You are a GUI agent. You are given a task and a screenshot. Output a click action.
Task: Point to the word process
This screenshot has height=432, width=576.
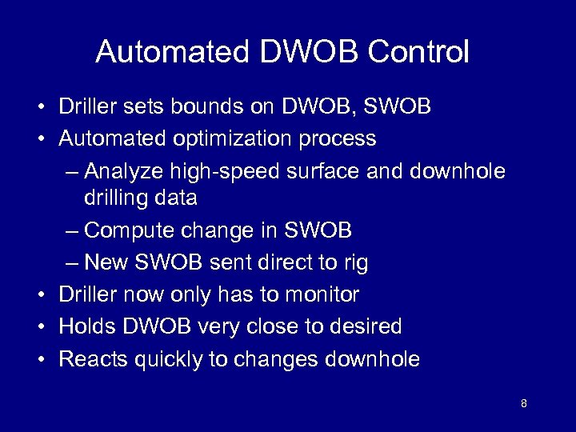click(x=339, y=138)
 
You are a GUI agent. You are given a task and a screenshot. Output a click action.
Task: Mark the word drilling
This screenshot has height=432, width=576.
click(x=114, y=197)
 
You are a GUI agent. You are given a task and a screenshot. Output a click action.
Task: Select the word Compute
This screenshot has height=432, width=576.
click(x=124, y=230)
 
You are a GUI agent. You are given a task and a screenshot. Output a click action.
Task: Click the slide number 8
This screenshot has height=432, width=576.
click(x=523, y=403)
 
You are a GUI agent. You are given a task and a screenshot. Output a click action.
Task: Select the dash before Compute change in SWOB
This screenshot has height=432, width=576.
click(x=70, y=231)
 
